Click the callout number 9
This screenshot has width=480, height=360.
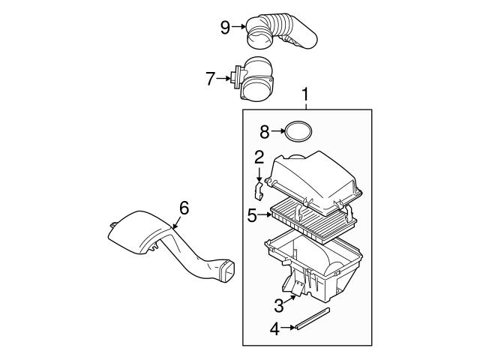[224, 28]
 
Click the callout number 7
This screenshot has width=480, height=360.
[211, 76]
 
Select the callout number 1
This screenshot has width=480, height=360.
[305, 94]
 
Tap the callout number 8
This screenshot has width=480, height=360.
[264, 132]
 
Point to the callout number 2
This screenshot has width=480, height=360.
[259, 157]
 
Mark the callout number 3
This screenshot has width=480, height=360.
[278, 304]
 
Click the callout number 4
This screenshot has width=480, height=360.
[274, 328]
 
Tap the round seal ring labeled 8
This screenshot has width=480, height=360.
[298, 132]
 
